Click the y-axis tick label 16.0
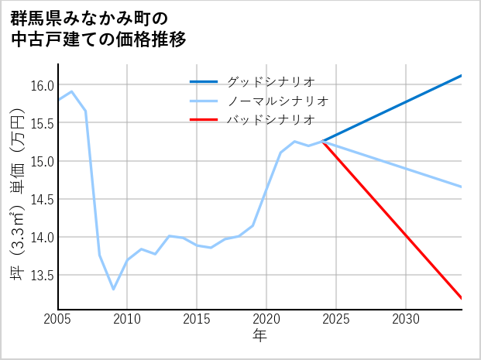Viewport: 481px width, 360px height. coord(42,85)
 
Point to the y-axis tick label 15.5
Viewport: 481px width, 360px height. coord(42,123)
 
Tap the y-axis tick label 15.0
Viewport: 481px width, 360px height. coord(42,161)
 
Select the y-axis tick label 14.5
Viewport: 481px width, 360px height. coord(42,199)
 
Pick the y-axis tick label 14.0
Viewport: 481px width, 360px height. coord(42,237)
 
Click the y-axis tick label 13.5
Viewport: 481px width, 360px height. coord(42,275)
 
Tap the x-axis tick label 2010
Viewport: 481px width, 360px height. coord(127,319)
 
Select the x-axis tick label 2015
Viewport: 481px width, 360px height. coord(197,319)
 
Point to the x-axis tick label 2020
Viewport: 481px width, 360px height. coord(266,319)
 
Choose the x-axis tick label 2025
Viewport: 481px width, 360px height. coord(336,319)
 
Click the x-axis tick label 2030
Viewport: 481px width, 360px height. coord(406,319)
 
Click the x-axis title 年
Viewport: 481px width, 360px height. coord(259,336)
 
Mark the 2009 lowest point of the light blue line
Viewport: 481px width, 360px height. coord(113,289)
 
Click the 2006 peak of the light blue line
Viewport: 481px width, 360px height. coord(71,91)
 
